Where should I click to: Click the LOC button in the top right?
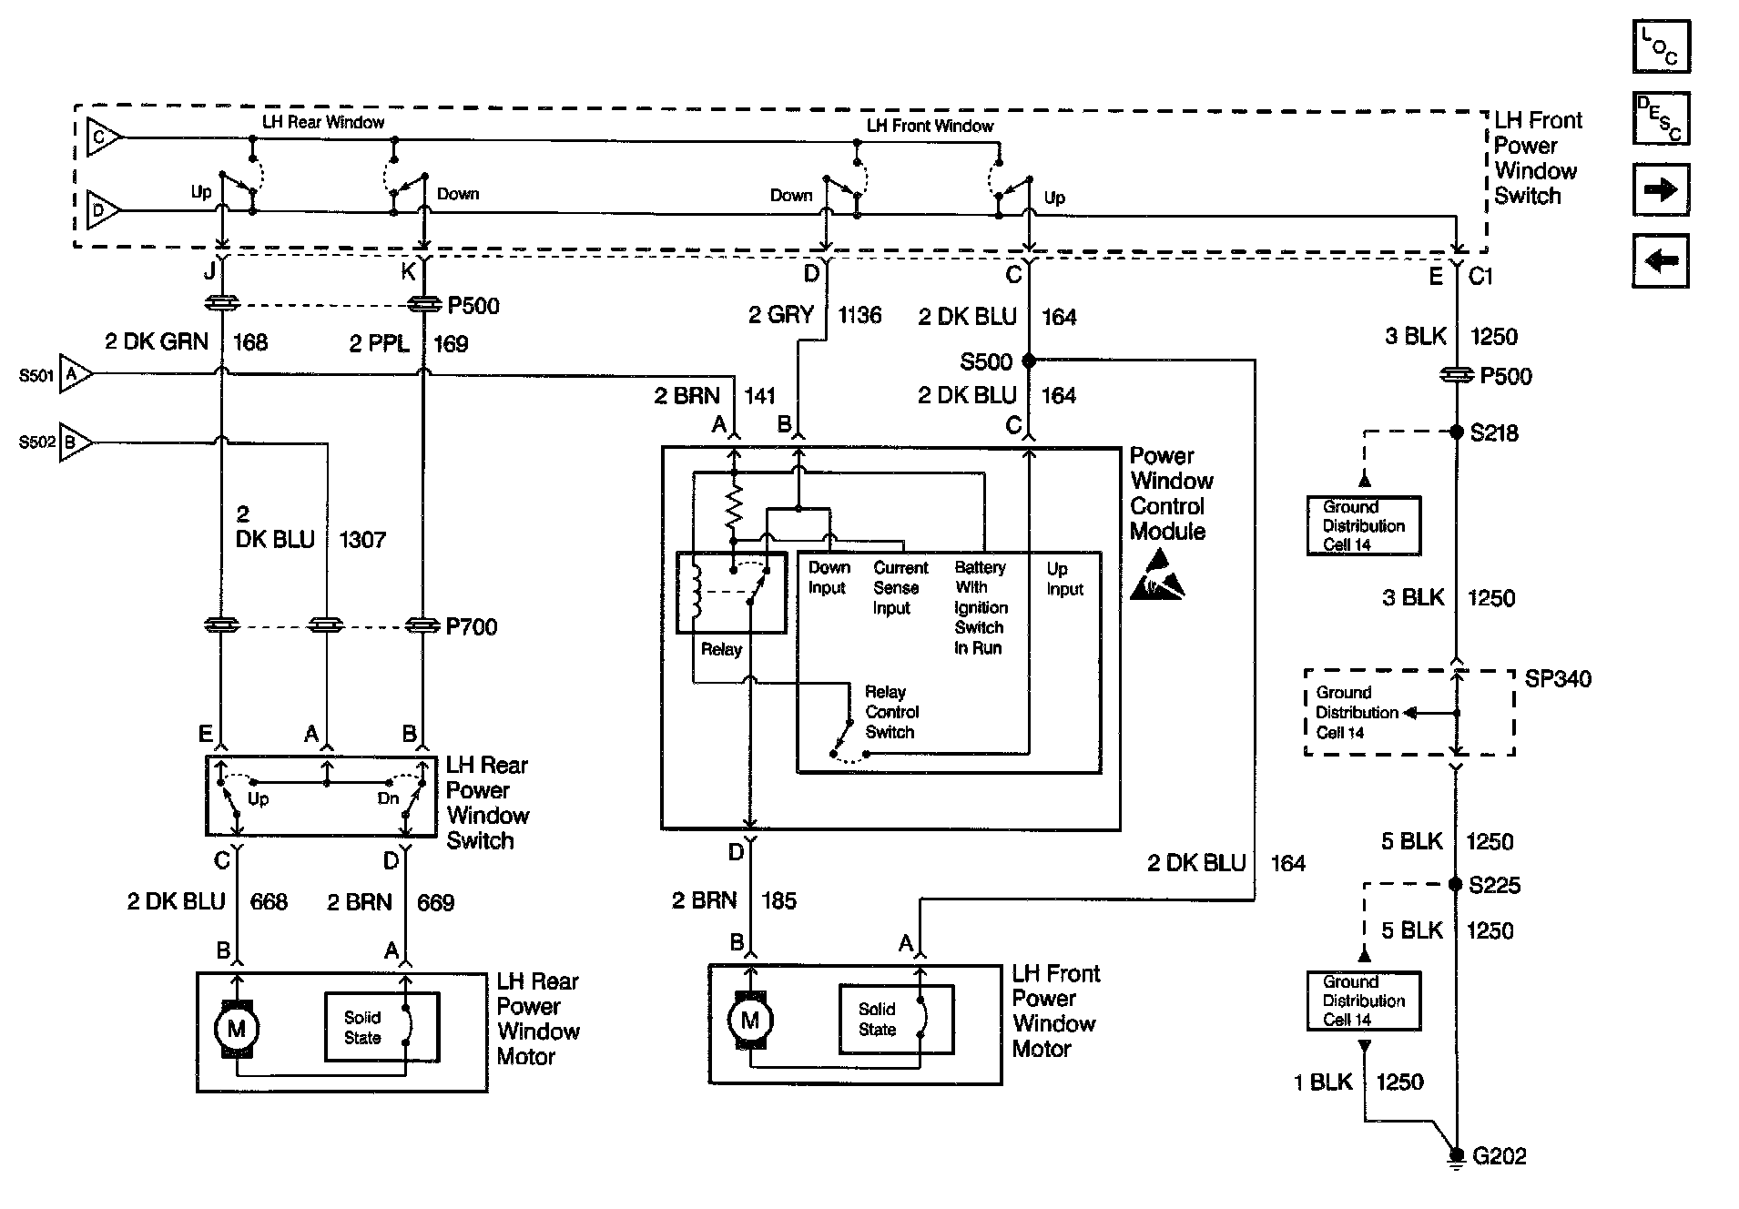1662,46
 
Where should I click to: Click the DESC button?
1662,118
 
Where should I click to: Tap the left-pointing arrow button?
1662,261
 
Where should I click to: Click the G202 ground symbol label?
1499,1155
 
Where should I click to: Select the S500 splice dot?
1029,361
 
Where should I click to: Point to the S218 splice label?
1494,432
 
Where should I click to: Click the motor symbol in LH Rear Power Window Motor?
237,1029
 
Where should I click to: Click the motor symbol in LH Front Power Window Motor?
750,1020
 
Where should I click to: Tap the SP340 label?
1558,679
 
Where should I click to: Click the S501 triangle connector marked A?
75,374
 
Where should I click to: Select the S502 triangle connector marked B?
75,442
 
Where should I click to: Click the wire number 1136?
859,315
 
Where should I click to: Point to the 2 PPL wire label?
379,343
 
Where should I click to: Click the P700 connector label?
471,626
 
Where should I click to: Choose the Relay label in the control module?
721,649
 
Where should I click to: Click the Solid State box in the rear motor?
382,1027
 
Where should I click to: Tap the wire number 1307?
362,540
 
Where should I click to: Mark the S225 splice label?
1495,885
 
